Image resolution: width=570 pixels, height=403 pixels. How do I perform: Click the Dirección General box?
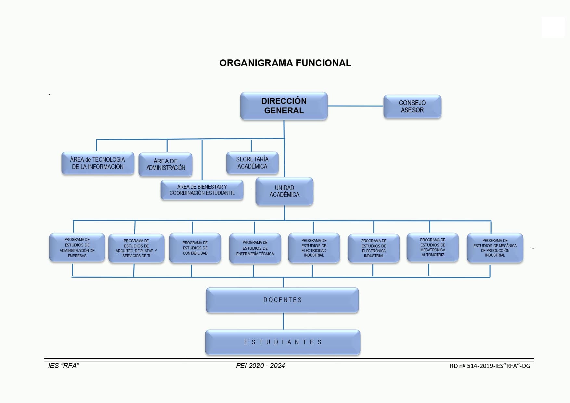[x=284, y=106]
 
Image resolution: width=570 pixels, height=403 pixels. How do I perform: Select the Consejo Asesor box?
[x=412, y=107]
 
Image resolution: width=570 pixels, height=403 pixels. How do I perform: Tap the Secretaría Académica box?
[x=252, y=163]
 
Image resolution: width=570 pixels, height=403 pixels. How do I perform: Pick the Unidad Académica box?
[x=284, y=191]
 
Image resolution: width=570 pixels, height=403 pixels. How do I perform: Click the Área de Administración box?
[x=165, y=164]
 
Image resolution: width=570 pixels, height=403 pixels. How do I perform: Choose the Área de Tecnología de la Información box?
[x=97, y=163]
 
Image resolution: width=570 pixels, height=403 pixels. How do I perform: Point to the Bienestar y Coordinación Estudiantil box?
[x=202, y=190]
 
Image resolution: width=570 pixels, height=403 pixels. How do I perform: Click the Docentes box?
[x=282, y=300]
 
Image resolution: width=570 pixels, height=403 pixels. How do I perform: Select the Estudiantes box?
[x=283, y=342]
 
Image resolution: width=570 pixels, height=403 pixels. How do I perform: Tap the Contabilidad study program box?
[x=195, y=248]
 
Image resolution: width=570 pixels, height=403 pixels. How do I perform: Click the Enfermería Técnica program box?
[x=255, y=248]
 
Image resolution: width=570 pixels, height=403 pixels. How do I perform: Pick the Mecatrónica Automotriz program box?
[x=433, y=247]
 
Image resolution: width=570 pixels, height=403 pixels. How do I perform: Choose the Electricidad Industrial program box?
[x=314, y=248]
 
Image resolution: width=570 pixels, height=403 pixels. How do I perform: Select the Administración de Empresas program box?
[x=77, y=247]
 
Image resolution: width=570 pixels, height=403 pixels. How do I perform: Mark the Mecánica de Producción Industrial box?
[x=495, y=248]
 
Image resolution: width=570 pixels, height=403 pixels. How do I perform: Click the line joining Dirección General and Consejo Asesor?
[x=355, y=106]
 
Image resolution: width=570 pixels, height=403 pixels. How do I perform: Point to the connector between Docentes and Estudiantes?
[x=283, y=321]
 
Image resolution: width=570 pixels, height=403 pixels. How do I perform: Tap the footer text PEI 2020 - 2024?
[x=260, y=366]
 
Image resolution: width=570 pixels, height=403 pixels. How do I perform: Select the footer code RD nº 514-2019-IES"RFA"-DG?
[x=490, y=366]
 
